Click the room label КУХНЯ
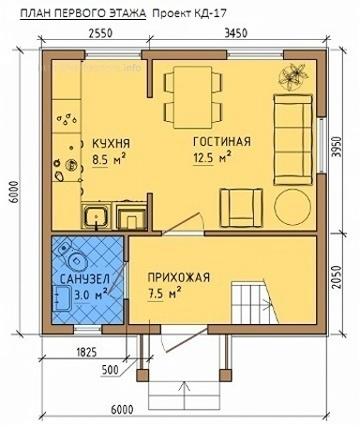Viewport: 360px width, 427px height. pos(111,143)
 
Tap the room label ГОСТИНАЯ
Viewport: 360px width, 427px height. pos(222,141)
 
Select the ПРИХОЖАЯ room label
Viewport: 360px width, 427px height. pos(179,277)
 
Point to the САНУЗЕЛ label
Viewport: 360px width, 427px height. pos(85,278)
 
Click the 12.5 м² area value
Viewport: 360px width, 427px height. pos(212,157)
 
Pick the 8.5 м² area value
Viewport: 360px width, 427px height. pos(108,159)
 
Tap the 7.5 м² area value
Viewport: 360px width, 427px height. pos(165,293)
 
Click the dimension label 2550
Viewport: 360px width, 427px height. pos(100,33)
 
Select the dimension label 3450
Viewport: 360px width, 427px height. pos(236,33)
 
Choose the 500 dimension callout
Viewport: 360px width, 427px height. pos(110,369)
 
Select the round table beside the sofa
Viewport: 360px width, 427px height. pos(293,207)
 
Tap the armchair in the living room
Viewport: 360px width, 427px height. pos(241,208)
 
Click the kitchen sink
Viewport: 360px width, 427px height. pos(97,216)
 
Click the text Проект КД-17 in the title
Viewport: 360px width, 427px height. pos(189,13)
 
